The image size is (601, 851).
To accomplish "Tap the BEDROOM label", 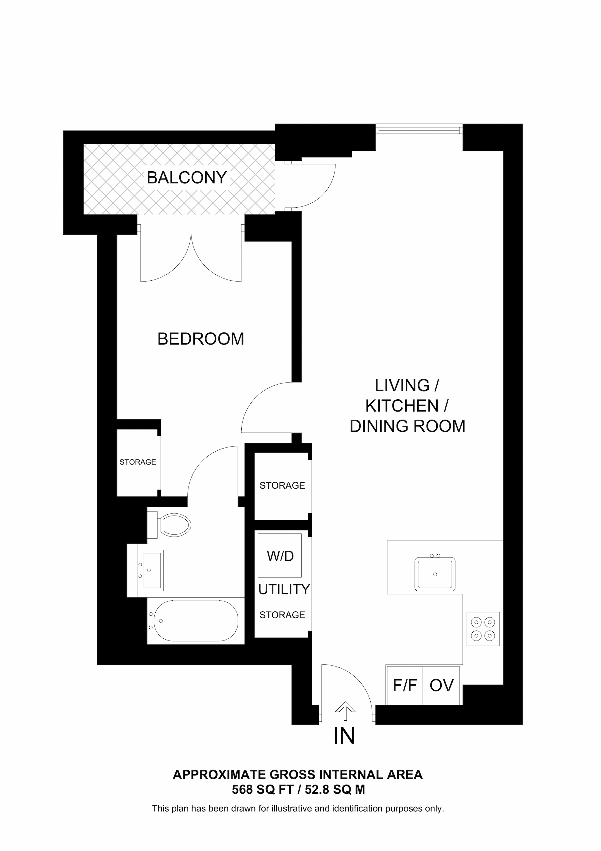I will [200, 339].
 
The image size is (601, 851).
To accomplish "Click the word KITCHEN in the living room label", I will [402, 406].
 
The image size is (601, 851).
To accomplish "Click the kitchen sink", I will [435, 574].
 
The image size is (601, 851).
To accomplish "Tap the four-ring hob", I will [483, 629].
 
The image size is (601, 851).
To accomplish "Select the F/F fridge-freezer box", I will [405, 685].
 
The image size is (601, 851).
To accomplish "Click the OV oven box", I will [441, 685].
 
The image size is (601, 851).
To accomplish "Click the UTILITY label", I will [284, 589].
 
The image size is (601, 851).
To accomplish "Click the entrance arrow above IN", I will [345, 711].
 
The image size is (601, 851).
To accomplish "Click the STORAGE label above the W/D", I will [282, 485].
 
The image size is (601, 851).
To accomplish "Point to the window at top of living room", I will [419, 130].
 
